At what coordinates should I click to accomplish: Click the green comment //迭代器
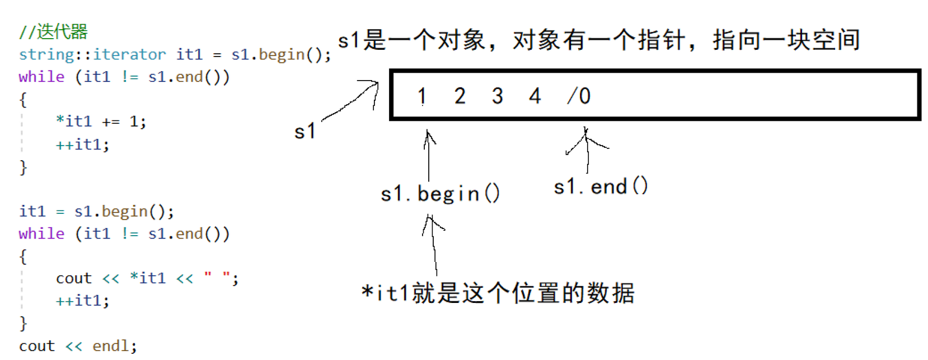(x=53, y=32)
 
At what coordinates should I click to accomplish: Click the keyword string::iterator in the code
(x=92, y=54)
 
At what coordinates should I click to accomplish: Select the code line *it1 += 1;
(x=101, y=121)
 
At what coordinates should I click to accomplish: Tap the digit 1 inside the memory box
(x=422, y=96)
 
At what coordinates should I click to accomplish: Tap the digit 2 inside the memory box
(x=460, y=96)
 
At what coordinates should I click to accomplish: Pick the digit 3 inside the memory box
(x=497, y=96)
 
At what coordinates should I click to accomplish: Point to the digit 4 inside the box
(x=535, y=96)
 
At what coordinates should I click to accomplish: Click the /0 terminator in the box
(x=579, y=96)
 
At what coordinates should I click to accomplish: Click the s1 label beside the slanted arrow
(x=305, y=132)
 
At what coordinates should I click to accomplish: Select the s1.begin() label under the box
(x=440, y=194)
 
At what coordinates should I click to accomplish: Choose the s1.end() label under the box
(x=601, y=186)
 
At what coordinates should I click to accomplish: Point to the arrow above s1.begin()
(x=429, y=155)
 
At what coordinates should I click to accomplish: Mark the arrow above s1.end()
(x=587, y=150)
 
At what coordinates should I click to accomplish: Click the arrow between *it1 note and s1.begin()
(x=433, y=245)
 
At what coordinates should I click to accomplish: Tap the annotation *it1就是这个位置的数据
(x=498, y=293)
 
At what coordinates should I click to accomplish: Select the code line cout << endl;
(x=78, y=345)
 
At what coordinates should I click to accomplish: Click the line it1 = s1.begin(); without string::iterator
(x=96, y=211)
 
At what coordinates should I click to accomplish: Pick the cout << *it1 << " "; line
(x=147, y=278)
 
